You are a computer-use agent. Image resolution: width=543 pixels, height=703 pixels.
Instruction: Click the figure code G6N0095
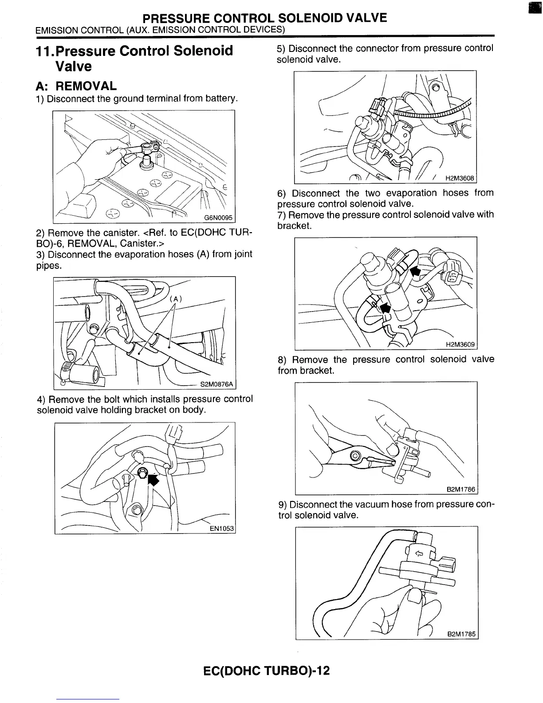coord(219,217)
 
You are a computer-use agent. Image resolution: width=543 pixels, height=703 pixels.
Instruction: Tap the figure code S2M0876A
coord(218,384)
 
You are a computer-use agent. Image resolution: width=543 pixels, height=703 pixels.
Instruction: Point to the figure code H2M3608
coord(460,178)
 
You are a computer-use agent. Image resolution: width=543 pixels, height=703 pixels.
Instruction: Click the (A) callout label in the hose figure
coord(176,299)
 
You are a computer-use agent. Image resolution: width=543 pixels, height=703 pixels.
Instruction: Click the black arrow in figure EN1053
coord(153,480)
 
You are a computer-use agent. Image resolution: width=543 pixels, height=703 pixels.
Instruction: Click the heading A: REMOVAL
coord(77,86)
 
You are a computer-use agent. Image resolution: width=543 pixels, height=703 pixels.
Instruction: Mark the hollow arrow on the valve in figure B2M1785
coord(418,553)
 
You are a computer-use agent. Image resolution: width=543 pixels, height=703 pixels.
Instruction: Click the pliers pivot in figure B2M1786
coord(355,456)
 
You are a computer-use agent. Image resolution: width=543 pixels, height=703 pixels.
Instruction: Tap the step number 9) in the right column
coord(283,505)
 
